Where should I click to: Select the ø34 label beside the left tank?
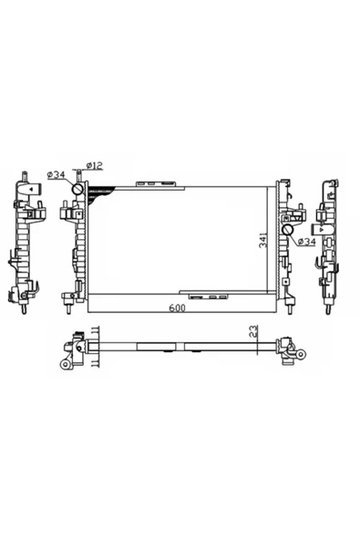pos(55,174)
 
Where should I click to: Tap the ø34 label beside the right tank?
pos(305,242)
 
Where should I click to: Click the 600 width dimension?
pos(175,309)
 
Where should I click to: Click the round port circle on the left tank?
pos(78,190)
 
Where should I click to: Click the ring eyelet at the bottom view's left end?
pos(67,364)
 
